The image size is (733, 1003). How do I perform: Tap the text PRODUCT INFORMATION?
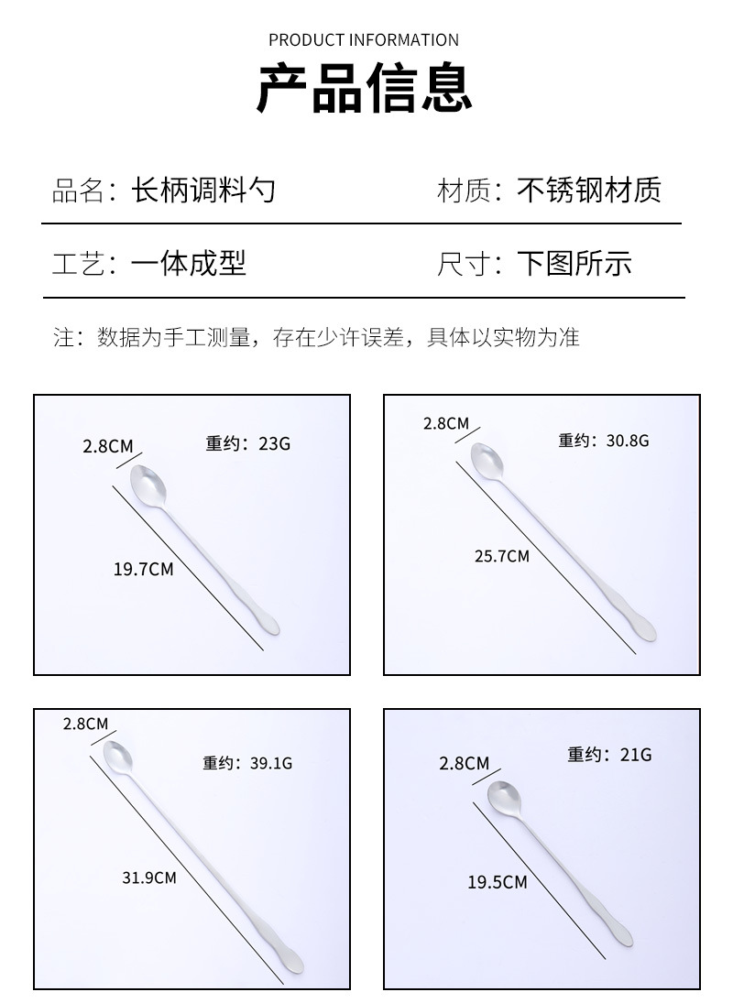tap(364, 40)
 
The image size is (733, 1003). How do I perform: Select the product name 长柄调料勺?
tap(203, 191)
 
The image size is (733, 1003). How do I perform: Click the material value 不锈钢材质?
tap(588, 191)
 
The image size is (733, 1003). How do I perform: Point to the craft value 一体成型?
tap(189, 264)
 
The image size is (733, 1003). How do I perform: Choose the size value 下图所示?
tap(574, 264)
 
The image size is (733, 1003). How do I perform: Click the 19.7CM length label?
tap(143, 569)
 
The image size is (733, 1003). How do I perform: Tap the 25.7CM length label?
tap(501, 555)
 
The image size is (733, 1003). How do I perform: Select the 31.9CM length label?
tap(148, 877)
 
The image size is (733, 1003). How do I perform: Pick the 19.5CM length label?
tap(498, 882)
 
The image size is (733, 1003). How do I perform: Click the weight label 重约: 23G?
tap(247, 444)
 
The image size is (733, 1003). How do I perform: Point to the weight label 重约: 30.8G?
tap(603, 441)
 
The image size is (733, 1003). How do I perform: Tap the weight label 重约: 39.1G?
tap(247, 762)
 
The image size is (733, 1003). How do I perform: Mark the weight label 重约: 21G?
tap(609, 755)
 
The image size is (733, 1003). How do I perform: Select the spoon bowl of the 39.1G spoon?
tap(118, 755)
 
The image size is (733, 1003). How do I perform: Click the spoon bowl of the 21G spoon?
tap(504, 796)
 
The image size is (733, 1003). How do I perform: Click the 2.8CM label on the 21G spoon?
tap(465, 763)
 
